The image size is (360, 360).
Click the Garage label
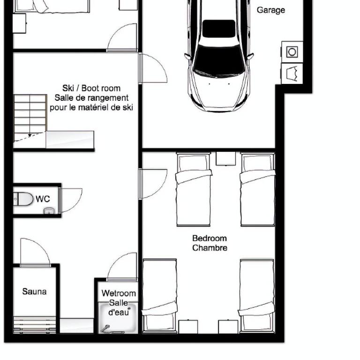pos(270,10)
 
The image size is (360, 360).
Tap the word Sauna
pos(34,292)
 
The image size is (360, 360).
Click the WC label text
pos(43,199)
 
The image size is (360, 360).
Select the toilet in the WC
pos(23,199)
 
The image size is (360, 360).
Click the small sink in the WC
pos(49,210)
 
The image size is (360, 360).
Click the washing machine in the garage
pos(292,52)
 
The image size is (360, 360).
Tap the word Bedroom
pos(210,238)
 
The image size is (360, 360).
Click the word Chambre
pos(210,248)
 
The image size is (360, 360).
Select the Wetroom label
pos(119,293)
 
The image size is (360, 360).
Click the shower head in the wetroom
pos(106,328)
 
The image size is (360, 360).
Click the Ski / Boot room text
pos(91,88)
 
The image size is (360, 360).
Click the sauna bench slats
pos(35,325)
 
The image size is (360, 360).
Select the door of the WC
pos(70,200)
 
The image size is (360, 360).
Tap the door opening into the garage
pos(152,68)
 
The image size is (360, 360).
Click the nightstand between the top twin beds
pos(225,158)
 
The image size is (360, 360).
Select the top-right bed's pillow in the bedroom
pos(257,163)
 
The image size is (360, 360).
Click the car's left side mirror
pos(187,56)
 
